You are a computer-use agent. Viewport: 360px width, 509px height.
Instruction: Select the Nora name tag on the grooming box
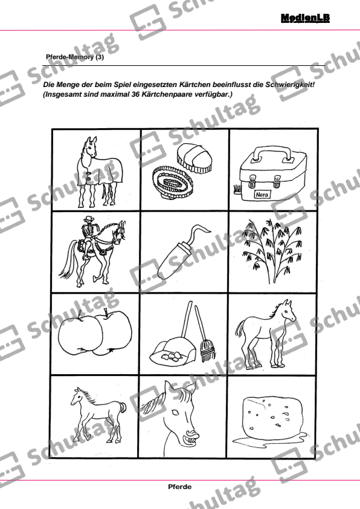[x=262, y=195]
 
